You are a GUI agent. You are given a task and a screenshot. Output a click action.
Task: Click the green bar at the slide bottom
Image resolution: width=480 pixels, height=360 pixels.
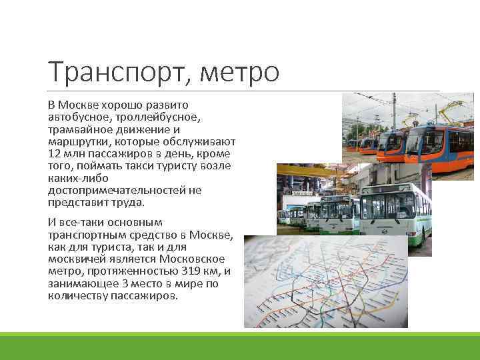click(240, 346)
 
